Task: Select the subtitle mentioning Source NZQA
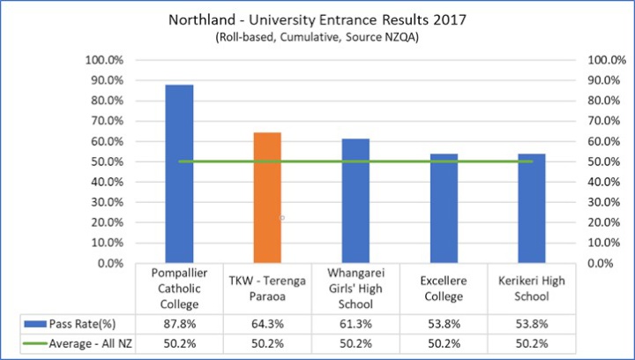(317, 38)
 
